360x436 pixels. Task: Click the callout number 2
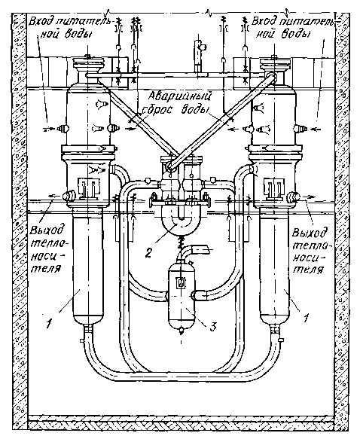[x=149, y=252]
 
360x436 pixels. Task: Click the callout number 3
[x=212, y=327]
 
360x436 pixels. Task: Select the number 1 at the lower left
[x=49, y=323]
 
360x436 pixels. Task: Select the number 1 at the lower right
[x=306, y=317]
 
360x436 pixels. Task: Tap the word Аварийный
[x=179, y=97]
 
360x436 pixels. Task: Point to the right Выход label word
[x=309, y=232]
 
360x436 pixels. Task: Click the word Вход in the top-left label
[x=40, y=22]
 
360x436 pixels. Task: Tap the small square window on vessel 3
[x=181, y=283]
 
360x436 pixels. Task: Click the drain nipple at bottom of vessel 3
[x=181, y=331]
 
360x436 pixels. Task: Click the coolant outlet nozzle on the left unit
[x=69, y=196]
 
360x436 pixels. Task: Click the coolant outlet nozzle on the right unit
[x=293, y=196]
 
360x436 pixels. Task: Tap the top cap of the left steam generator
[x=87, y=63]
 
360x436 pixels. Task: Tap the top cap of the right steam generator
[x=274, y=63]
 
